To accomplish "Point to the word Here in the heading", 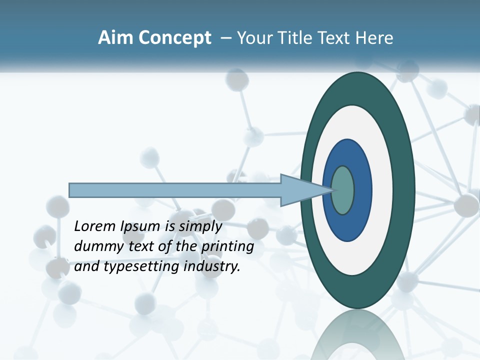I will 374,38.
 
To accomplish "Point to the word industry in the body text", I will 212,266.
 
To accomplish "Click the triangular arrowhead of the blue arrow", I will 300,190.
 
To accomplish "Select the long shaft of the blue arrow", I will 175,190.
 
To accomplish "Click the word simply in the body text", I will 200,226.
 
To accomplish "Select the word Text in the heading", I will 333,38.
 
